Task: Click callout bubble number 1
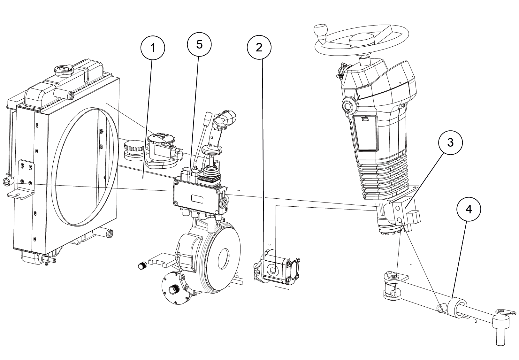tap(153, 48)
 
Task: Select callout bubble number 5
tap(199, 44)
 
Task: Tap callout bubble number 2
tap(259, 47)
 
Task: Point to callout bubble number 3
tap(450, 142)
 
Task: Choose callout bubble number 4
tap(469, 210)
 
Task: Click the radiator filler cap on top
tap(64, 69)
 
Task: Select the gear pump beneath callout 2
tap(276, 269)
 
